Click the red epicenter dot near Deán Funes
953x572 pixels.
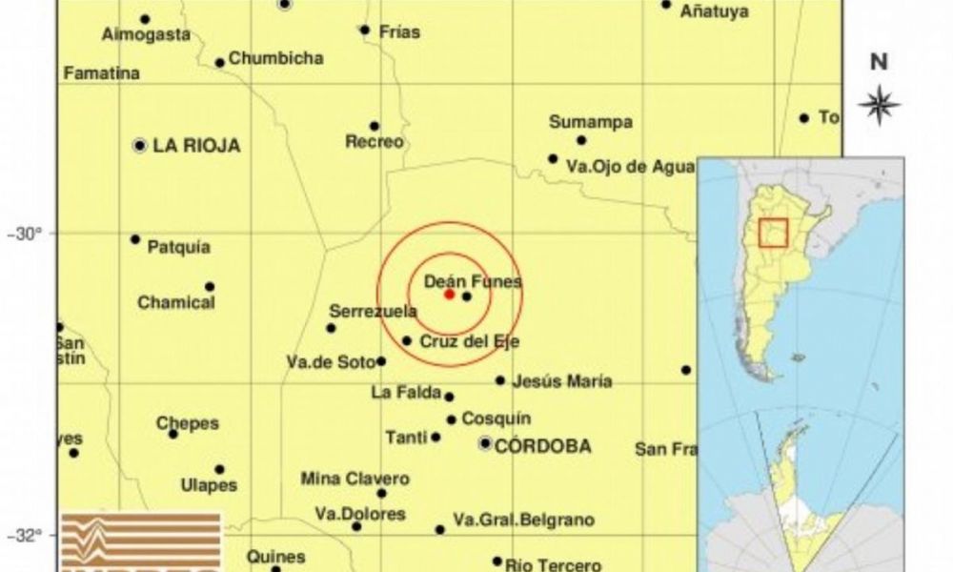[449, 294]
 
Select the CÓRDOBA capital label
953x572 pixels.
[542, 445]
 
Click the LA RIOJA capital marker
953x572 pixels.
[140, 146]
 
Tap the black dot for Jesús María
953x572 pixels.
[500, 380]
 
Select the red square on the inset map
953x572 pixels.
[773, 234]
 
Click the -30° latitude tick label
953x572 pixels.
[31, 233]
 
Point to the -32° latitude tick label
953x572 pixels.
[31, 535]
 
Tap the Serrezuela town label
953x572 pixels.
[373, 311]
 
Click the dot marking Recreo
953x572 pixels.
[375, 126]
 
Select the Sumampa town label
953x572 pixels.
[591, 122]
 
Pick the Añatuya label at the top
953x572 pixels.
[714, 12]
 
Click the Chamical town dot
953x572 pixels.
[210, 286]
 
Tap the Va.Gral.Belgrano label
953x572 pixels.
[523, 520]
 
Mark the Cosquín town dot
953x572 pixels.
[452, 419]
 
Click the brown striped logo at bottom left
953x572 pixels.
[140, 541]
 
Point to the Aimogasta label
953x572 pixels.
[146, 34]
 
